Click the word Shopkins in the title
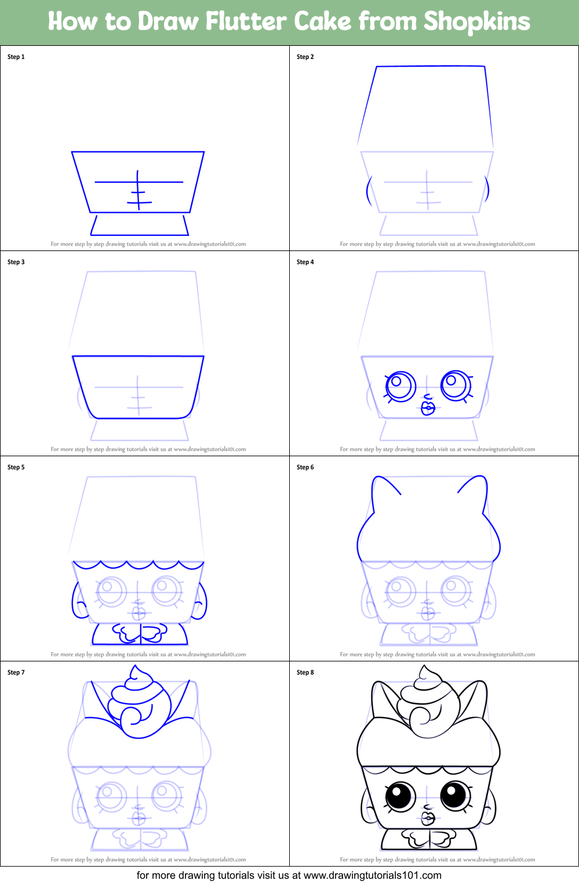[476, 22]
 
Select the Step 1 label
[16, 57]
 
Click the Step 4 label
[305, 262]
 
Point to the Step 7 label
[16, 672]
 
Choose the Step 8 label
[305, 672]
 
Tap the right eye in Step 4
[456, 384]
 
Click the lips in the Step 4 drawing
[428, 408]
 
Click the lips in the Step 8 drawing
[427, 818]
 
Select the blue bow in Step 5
[139, 633]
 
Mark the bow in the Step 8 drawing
[429, 838]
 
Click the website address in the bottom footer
[372, 875]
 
